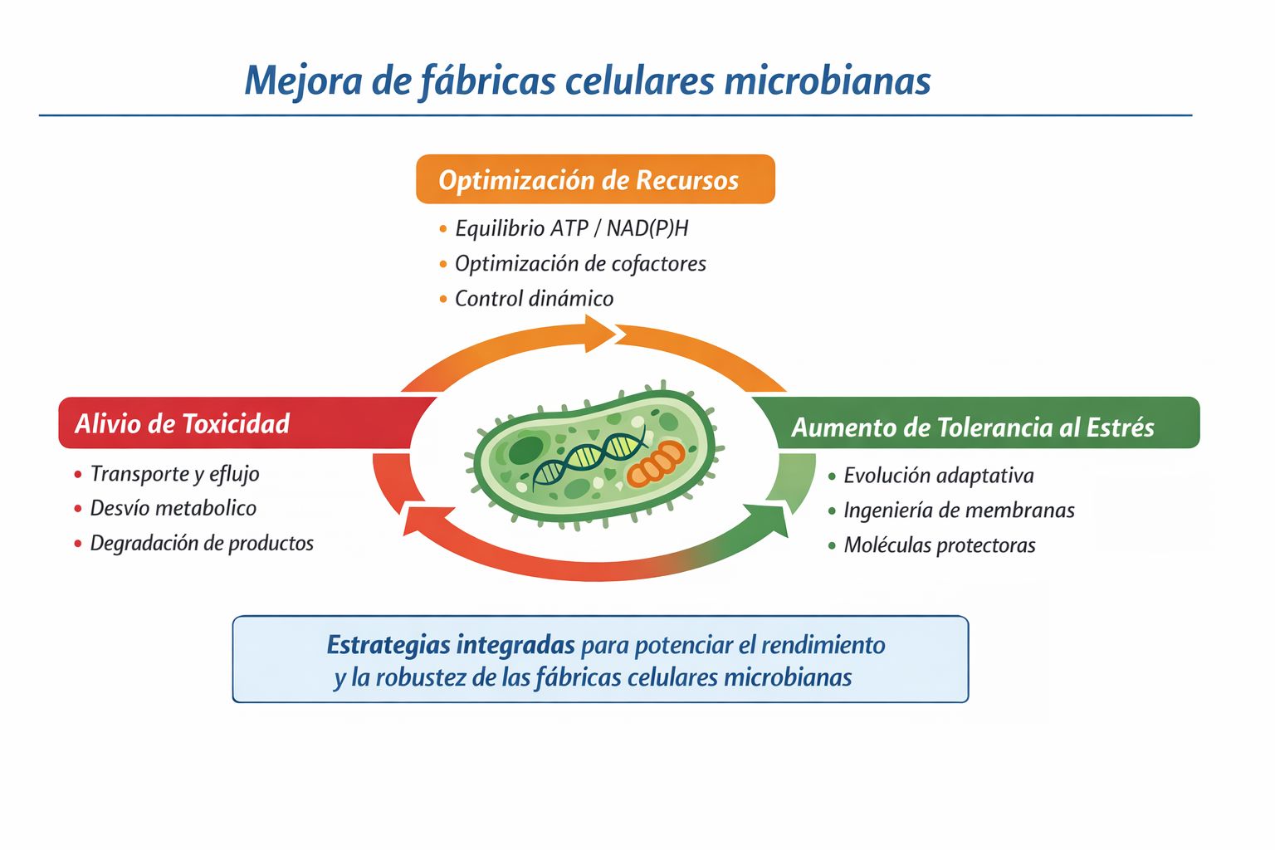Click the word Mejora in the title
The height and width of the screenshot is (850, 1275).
tap(303, 81)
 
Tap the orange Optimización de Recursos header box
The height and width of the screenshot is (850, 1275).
tap(595, 178)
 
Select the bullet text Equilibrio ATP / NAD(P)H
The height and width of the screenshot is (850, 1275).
tap(571, 228)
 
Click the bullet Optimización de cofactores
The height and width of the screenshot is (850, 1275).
tap(580, 264)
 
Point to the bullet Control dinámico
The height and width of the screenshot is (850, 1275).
tap(534, 298)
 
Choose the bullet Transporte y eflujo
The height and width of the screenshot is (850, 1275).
tap(175, 474)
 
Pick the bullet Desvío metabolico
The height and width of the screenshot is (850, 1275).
tap(173, 508)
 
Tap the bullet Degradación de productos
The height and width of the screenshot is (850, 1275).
tap(202, 543)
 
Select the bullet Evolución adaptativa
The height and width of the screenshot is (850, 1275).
tap(939, 476)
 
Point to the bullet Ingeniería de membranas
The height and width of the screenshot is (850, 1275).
tap(959, 510)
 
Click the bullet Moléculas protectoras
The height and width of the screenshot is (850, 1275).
tap(939, 545)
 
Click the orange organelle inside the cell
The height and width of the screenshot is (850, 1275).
tap(655, 462)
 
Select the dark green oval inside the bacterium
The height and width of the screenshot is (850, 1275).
tap(525, 450)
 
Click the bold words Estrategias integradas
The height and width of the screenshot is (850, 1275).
tap(450, 645)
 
